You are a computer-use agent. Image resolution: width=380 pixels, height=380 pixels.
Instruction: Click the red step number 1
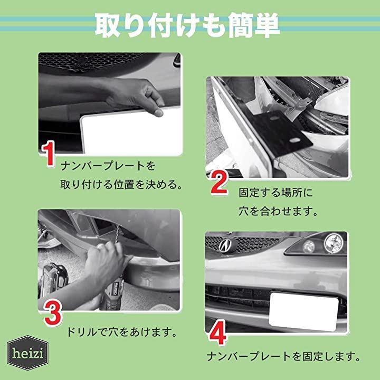tap(49, 155)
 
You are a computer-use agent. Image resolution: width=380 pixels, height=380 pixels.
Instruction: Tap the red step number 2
tap(219, 182)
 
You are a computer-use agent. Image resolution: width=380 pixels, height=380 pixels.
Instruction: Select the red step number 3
tap(53, 312)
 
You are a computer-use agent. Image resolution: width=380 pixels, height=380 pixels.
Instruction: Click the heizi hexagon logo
tap(27, 353)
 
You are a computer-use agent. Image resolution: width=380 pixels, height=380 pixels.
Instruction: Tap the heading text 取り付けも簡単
tap(187, 26)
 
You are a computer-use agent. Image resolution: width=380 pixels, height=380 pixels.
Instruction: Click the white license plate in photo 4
tap(303, 312)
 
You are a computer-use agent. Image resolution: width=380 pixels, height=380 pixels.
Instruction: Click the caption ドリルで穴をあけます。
tap(122, 332)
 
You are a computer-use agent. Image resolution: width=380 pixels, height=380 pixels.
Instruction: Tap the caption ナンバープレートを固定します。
tap(283, 356)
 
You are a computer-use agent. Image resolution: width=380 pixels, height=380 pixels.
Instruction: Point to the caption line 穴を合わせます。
tap(278, 211)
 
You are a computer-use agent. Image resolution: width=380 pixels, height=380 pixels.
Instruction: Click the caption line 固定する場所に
tap(276, 193)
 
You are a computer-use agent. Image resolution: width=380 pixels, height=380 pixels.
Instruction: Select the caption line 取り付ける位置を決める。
tap(121, 184)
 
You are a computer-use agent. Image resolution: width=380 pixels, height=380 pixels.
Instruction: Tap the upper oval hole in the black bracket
tap(274, 119)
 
